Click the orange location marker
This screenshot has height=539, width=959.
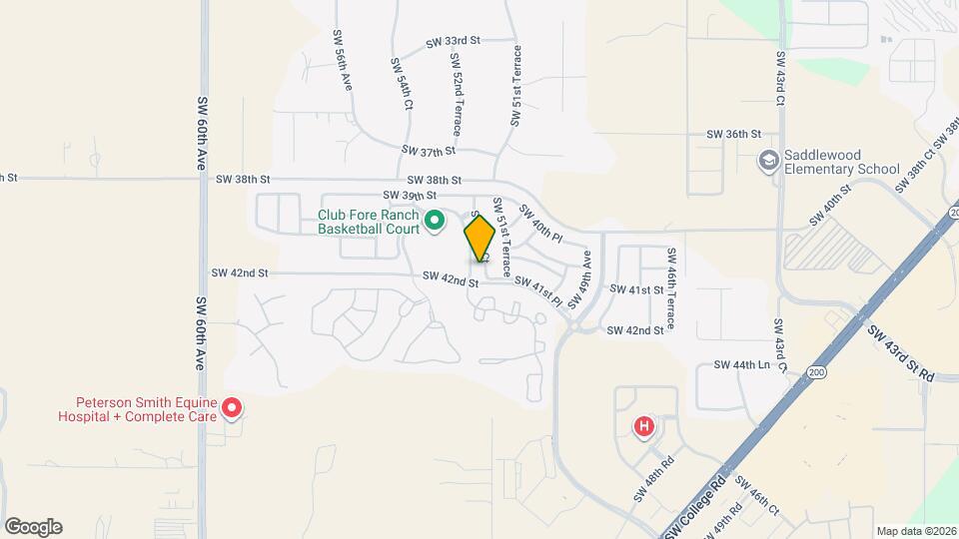(479, 238)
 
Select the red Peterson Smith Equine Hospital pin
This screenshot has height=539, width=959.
(232, 406)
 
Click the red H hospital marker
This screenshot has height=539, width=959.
(645, 426)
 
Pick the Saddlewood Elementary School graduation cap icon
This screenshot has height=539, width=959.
(768, 161)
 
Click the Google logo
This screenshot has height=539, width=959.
(33, 527)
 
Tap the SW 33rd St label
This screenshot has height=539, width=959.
(454, 42)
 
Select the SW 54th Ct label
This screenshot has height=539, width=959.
(403, 83)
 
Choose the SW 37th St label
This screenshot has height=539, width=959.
(429, 151)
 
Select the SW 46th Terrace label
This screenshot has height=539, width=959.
(672, 289)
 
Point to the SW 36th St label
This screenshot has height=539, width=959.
(734, 134)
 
